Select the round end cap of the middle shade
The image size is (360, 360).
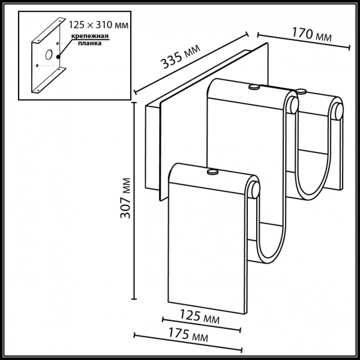pos(293,106)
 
